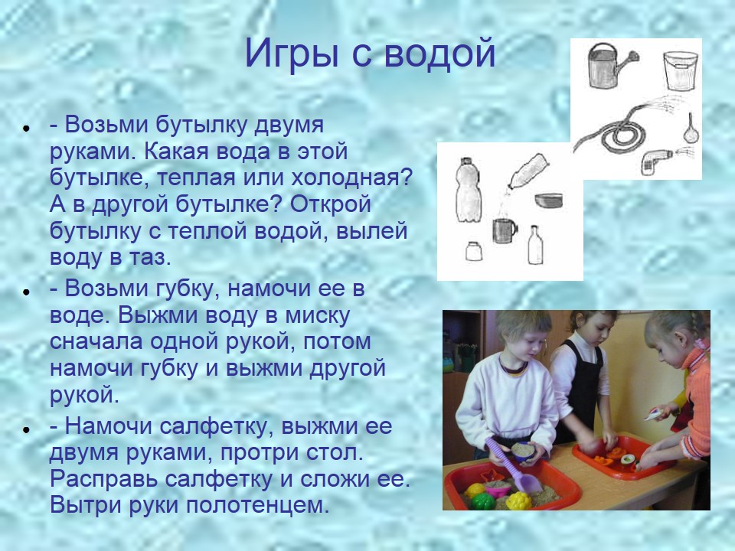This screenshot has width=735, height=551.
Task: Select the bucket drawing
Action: pyautogui.click(x=680, y=70)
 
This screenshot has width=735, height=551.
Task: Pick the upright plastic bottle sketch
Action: pyautogui.click(x=468, y=190)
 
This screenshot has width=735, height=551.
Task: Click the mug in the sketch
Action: pyautogui.click(x=505, y=230)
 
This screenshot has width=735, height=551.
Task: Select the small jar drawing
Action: pyautogui.click(x=473, y=251)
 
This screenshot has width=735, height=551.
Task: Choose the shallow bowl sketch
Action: pyautogui.click(x=548, y=200)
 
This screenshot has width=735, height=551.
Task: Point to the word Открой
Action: pyautogui.click(x=331, y=204)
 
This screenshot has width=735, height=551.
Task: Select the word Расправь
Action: pyautogui.click(x=103, y=479)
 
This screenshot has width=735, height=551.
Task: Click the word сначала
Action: pyautogui.click(x=96, y=341)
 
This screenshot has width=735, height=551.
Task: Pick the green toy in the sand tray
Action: pyautogui.click(x=483, y=501)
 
